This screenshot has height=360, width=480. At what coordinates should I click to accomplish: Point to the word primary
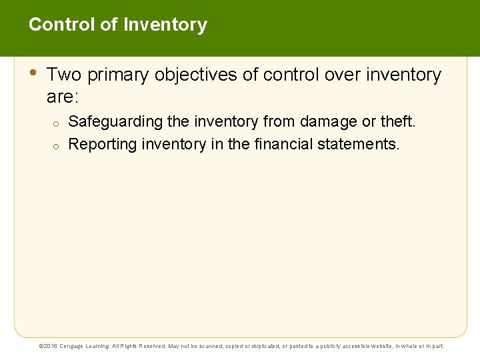point(118,75)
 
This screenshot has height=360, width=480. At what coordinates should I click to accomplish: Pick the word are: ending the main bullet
point(63,97)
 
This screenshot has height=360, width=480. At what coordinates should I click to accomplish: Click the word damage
point(330,122)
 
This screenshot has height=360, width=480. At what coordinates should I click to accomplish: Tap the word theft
point(398,122)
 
